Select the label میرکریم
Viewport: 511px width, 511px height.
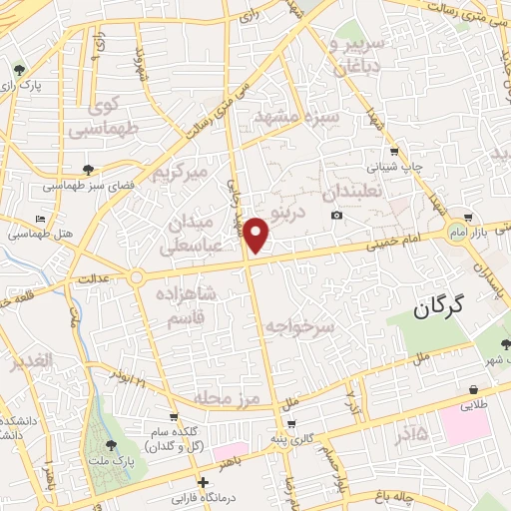pos(179,172)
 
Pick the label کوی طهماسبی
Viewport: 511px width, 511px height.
pos(98,117)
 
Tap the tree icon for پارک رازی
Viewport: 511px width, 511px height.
pos(20,70)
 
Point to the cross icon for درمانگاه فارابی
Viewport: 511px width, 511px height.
pos(204,482)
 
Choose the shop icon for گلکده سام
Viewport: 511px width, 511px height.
pos(175,417)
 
